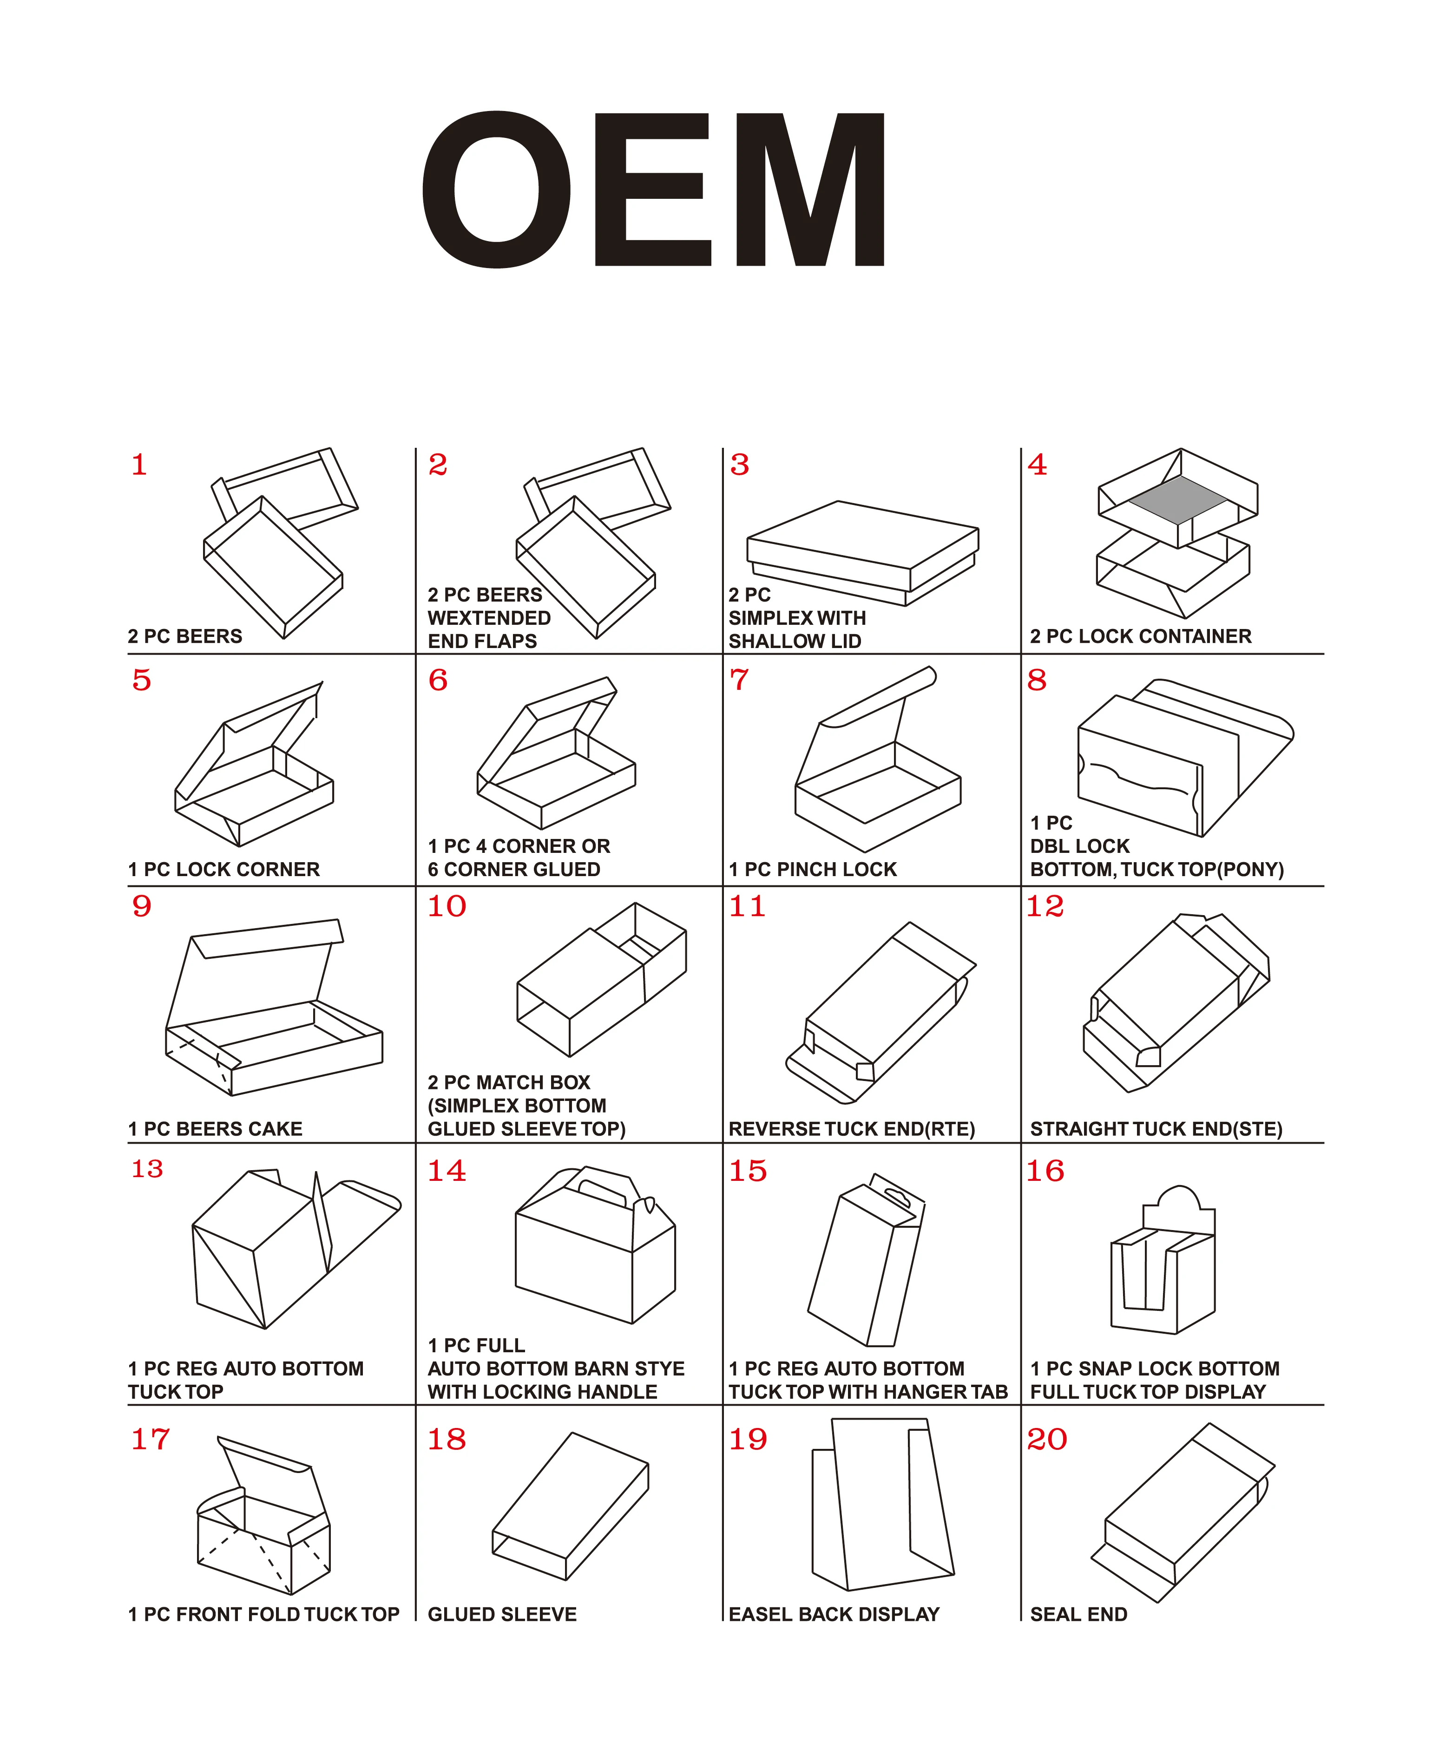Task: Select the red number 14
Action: [447, 1171]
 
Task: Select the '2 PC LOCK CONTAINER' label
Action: [1140, 636]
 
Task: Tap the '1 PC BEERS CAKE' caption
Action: [215, 1129]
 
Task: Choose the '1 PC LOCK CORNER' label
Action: [223, 869]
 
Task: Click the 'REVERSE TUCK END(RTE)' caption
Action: [851, 1129]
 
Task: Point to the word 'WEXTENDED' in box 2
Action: [489, 618]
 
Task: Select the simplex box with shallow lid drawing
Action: [863, 553]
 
